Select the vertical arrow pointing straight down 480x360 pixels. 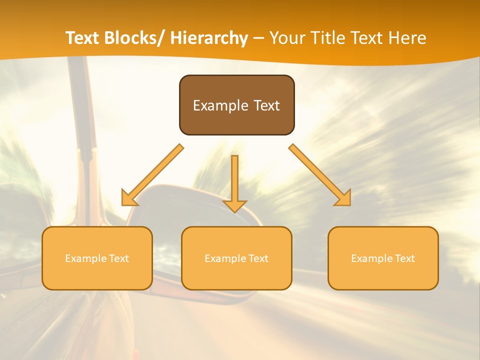point(234,180)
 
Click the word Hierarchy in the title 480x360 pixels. point(209,38)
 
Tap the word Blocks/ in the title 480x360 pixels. point(137,38)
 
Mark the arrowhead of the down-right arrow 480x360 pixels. point(343,198)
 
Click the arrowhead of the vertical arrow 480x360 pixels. point(234,206)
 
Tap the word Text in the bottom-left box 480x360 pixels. point(118,258)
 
